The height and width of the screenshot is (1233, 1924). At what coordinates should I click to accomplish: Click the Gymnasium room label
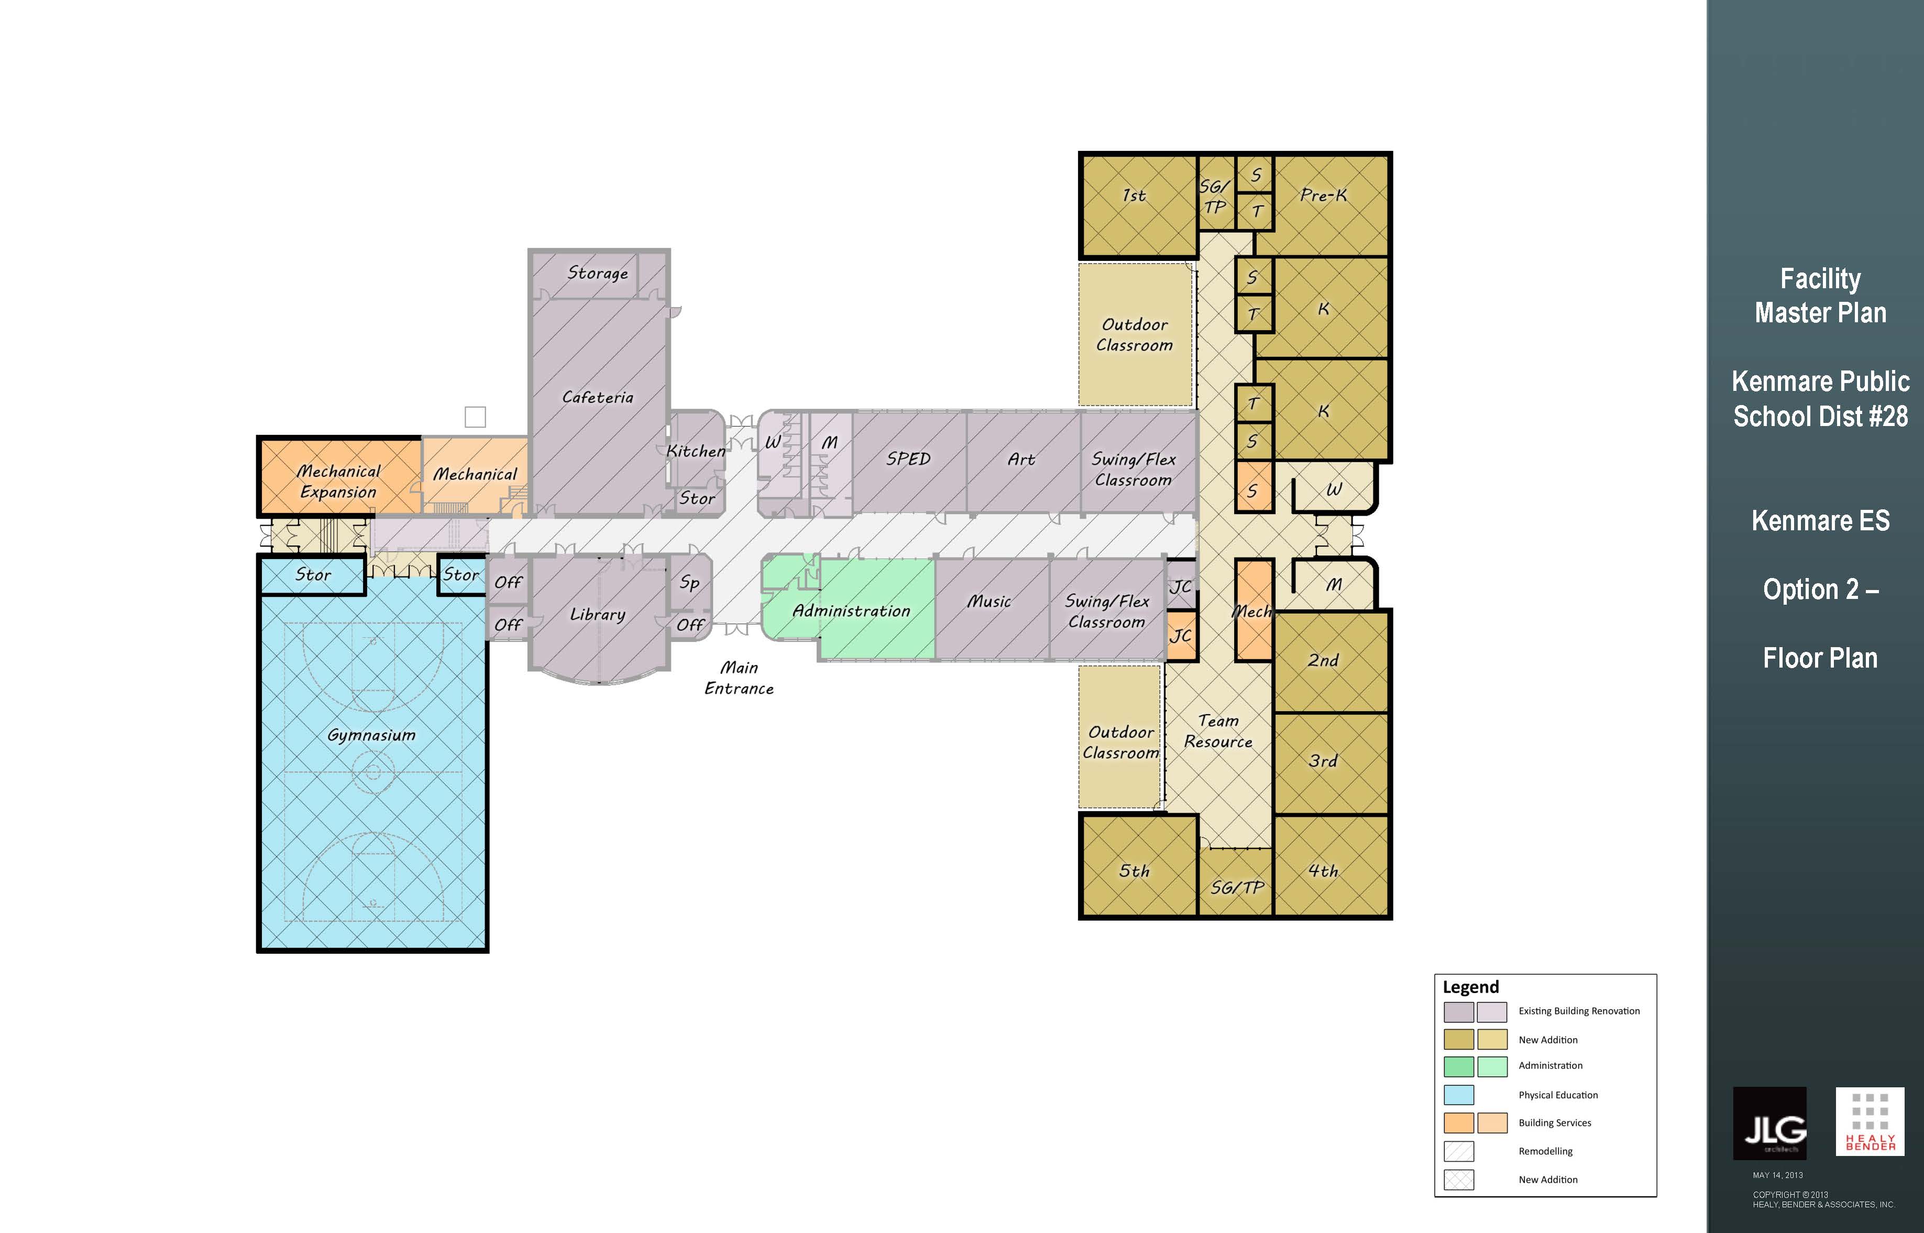tap(371, 735)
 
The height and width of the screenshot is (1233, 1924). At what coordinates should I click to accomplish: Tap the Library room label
tap(597, 614)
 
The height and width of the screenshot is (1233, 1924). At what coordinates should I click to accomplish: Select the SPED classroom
tap(909, 462)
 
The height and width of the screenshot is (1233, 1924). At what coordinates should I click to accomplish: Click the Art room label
tap(1021, 459)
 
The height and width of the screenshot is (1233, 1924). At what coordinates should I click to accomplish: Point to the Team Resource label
tap(1218, 731)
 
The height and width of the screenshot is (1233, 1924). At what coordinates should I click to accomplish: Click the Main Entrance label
tap(739, 678)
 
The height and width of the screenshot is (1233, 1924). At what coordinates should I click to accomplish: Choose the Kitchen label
tap(696, 451)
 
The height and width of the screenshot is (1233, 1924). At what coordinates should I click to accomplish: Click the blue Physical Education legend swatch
tap(1459, 1095)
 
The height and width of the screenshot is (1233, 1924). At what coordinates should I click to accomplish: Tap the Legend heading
tap(1470, 986)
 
